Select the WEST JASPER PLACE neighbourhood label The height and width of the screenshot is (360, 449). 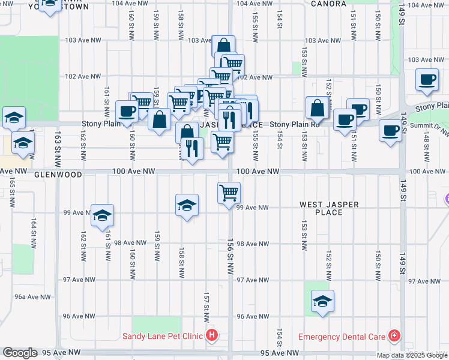pyautogui.click(x=330, y=208)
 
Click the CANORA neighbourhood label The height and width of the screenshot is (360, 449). pyautogui.click(x=329, y=4)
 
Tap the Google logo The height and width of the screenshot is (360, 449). pyautogui.click(x=20, y=353)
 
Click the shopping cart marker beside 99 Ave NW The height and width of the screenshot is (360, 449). pyautogui.click(x=229, y=193)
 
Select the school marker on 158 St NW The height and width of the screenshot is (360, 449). pyautogui.click(x=187, y=205)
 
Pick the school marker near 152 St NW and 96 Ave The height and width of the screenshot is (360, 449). pyautogui.click(x=322, y=301)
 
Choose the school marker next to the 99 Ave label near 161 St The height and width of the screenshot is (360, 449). pyautogui.click(x=103, y=215)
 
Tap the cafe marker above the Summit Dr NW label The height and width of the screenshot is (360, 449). pyautogui.click(x=390, y=131)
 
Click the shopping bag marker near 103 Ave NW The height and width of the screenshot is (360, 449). pyautogui.click(x=223, y=46)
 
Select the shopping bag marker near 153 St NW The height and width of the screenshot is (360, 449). pyautogui.click(x=318, y=108)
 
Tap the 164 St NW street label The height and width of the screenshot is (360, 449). pyautogui.click(x=34, y=231)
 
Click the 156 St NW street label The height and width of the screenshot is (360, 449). pyautogui.click(x=230, y=264)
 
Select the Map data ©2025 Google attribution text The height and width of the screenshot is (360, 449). pyautogui.click(x=411, y=355)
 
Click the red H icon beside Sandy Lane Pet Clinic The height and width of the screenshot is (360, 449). pyautogui.click(x=211, y=335)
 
